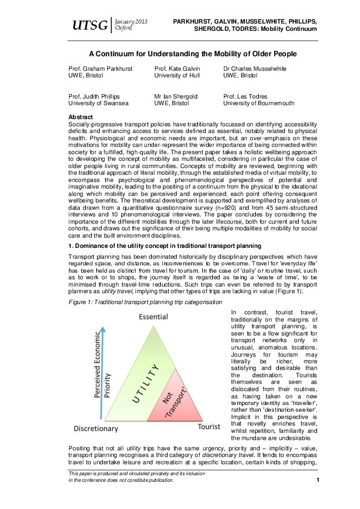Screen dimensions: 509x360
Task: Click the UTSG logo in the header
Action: [x=90, y=25]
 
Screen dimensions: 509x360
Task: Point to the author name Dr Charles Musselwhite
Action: [x=255, y=68]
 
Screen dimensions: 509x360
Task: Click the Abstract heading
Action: [x=80, y=116]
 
